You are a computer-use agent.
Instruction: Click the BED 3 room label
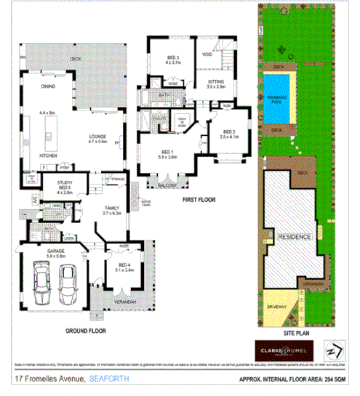pos(172,59)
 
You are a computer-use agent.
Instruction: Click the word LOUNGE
pos(97,137)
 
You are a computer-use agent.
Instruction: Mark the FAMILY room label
pos(110,209)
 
